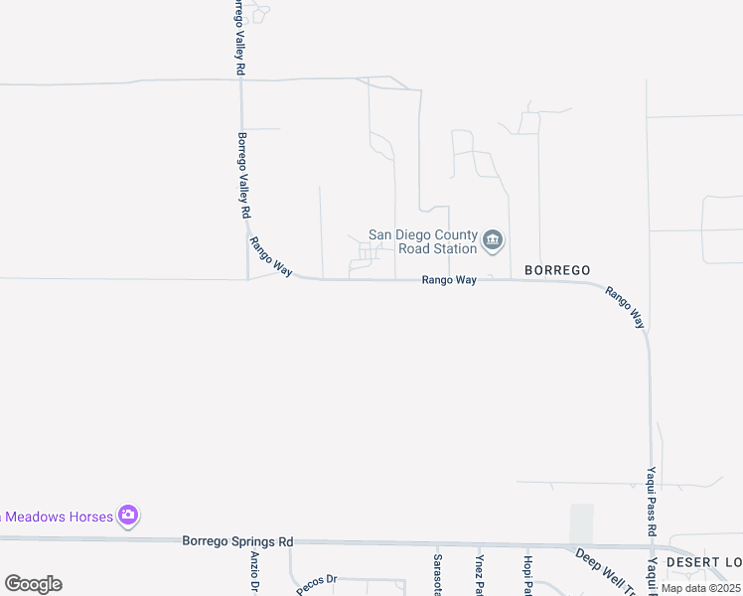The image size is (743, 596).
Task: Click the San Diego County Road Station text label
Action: coord(422,241)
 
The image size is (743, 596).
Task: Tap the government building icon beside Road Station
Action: coord(493,240)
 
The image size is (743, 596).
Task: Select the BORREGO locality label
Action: coord(557,270)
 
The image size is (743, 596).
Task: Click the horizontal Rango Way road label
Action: coord(449,281)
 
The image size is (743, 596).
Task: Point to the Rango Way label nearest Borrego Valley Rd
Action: coord(270,256)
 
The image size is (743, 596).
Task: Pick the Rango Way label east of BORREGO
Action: coord(626,308)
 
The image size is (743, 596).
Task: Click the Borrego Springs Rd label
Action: coord(238,541)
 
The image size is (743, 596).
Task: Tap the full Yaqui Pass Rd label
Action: coord(653,502)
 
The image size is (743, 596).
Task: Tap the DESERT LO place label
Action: coord(703,562)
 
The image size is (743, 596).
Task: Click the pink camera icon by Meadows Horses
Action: coord(127,515)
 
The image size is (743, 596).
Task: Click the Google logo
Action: coord(33,584)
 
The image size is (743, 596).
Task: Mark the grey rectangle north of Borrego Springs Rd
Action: coord(581,523)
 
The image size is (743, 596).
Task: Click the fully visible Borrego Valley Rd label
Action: coord(242,176)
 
